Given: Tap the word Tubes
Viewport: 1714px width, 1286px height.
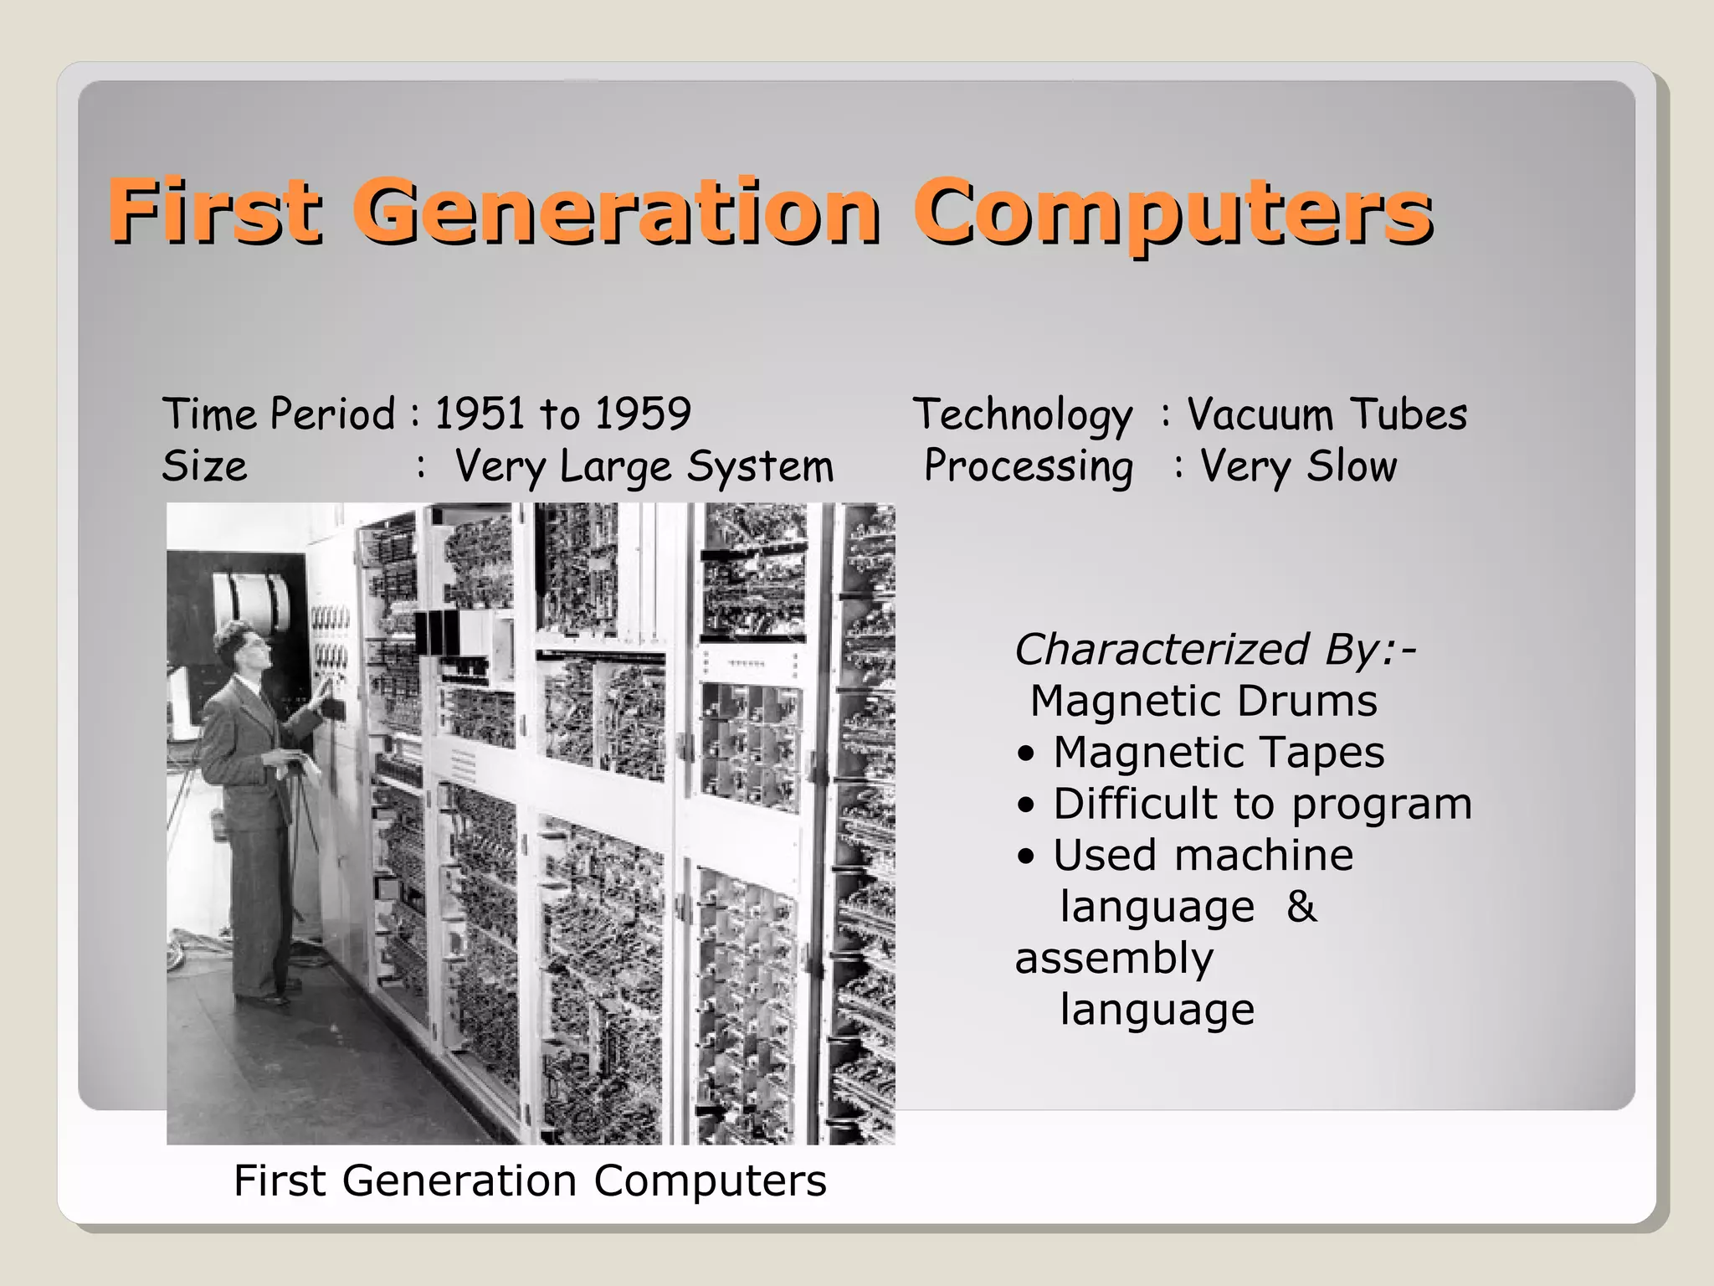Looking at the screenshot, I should (1409, 414).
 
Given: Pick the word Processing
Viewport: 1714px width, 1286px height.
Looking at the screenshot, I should (1029, 467).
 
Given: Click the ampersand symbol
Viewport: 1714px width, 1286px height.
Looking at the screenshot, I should (1301, 907).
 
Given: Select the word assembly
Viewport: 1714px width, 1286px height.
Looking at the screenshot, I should (1114, 959).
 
